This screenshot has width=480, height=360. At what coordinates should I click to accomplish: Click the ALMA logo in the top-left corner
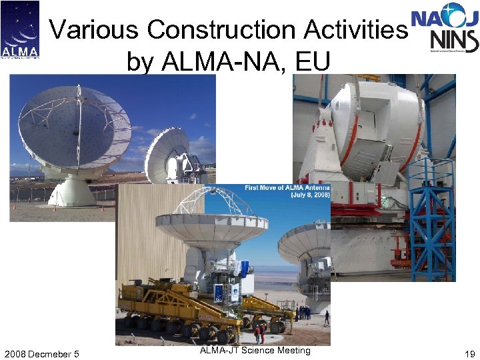20,30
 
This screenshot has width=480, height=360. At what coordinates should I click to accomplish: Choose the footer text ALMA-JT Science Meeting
255,351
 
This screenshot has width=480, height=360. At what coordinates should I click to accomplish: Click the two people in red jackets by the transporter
259,332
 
